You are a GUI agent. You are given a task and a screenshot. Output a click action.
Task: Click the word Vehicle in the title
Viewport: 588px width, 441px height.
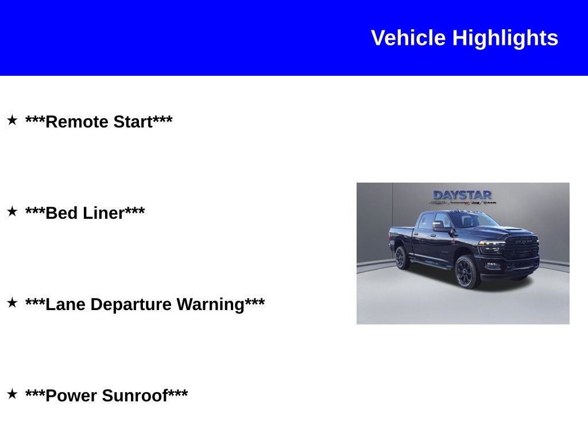[x=408, y=38]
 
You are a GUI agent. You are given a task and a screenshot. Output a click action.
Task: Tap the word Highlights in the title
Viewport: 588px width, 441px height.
[x=505, y=38]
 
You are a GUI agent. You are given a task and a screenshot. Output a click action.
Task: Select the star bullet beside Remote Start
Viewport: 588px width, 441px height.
[x=12, y=120]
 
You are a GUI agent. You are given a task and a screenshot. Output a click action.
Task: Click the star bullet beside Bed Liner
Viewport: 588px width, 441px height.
[x=12, y=211]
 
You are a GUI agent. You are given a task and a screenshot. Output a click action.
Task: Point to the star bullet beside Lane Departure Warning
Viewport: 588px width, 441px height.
[x=12, y=303]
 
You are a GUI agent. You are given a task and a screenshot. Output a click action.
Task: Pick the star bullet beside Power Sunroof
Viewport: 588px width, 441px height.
[x=12, y=394]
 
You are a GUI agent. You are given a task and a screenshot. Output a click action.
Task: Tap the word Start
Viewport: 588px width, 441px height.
[x=133, y=122]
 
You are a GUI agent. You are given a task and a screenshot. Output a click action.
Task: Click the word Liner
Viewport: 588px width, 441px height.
[x=104, y=213]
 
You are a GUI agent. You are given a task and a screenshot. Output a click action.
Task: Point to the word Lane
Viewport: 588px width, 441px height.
[x=65, y=304]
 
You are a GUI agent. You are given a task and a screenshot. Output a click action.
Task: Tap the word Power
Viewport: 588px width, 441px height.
[x=70, y=396]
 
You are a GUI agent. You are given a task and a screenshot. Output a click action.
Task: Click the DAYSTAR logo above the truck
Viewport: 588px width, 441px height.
[x=462, y=196]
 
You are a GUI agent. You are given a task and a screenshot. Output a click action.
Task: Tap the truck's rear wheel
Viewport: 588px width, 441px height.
[x=402, y=258]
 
